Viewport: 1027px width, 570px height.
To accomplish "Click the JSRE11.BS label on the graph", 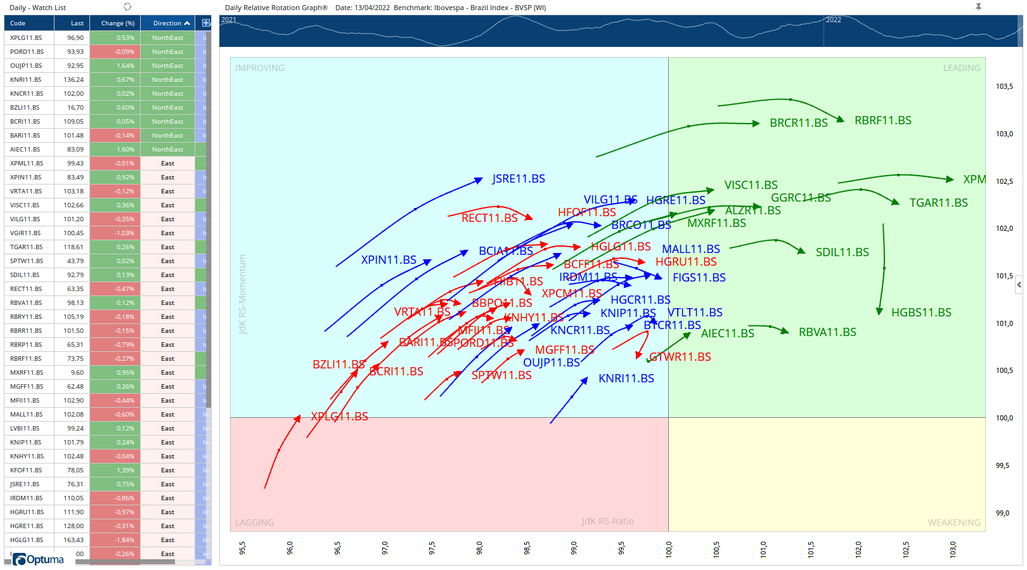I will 518,179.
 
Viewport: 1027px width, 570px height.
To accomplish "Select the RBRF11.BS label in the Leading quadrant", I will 882,120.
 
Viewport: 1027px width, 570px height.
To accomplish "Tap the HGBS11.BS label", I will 920,313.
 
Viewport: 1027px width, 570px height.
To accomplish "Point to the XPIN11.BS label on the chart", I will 388,260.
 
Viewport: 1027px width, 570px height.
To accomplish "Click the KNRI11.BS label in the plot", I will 626,379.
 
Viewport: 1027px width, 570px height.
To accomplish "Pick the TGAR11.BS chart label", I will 938,203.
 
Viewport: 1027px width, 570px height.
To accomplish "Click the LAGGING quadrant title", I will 254,522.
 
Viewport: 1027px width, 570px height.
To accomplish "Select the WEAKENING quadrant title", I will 953,522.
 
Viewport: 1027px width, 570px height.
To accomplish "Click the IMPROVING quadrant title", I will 259,68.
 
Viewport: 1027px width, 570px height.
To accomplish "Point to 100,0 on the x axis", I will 668,548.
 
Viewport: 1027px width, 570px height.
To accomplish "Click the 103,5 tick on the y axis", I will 1004,86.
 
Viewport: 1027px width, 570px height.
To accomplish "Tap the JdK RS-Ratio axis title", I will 607,521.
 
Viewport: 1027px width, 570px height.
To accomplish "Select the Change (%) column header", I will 117,23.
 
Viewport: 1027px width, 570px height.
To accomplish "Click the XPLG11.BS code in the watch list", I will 26,38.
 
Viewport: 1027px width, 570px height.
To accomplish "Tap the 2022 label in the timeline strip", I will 833,20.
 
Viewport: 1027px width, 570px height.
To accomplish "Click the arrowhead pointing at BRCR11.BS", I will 756,124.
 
